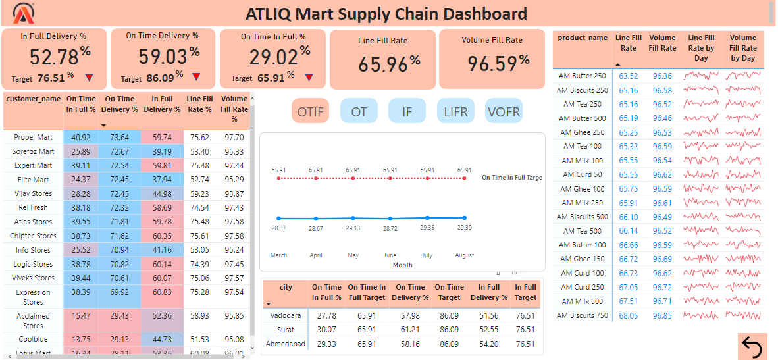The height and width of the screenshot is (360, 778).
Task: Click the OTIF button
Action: (x=310, y=111)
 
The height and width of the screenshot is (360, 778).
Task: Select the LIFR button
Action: (x=455, y=111)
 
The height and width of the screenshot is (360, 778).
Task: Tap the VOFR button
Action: (x=504, y=111)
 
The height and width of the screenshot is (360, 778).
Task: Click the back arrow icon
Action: (x=752, y=346)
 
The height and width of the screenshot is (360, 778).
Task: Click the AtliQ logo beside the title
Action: (x=24, y=13)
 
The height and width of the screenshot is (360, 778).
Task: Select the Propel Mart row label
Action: (x=33, y=138)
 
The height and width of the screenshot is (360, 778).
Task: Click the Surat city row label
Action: (x=285, y=330)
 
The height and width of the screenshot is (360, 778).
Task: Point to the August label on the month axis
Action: (x=464, y=255)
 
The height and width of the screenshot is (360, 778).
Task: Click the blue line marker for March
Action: (x=279, y=218)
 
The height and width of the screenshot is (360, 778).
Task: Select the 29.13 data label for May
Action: (x=353, y=228)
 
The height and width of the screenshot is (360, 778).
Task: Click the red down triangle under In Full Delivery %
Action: (x=89, y=78)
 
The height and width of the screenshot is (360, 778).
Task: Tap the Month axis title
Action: (x=402, y=265)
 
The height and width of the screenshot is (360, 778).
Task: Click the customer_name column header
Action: (x=33, y=99)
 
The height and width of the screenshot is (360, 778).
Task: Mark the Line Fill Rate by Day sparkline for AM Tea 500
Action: (x=701, y=231)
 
